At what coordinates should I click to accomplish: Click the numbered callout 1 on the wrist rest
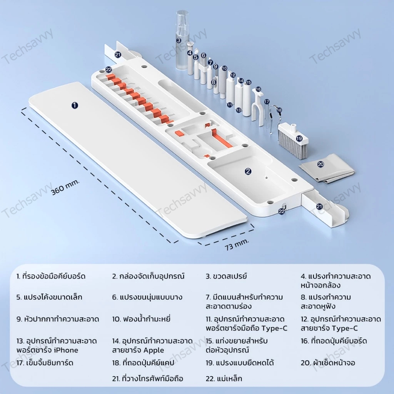75,105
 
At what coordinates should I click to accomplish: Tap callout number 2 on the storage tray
248,171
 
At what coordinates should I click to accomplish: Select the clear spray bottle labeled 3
182,40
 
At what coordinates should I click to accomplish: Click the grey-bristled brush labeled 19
293,141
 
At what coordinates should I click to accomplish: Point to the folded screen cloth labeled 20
327,169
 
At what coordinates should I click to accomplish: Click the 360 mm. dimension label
65,187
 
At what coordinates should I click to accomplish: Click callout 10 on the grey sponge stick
224,68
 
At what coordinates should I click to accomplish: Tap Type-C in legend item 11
274,328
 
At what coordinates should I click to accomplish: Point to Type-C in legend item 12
344,328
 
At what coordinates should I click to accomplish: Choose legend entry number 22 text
224,379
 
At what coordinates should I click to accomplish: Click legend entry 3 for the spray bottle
226,276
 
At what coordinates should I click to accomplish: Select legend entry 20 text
328,362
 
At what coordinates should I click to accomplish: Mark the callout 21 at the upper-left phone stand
118,55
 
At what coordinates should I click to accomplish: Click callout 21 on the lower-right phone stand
319,207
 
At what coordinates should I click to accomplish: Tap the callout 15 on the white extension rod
249,82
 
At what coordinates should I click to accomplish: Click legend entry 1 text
51,276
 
